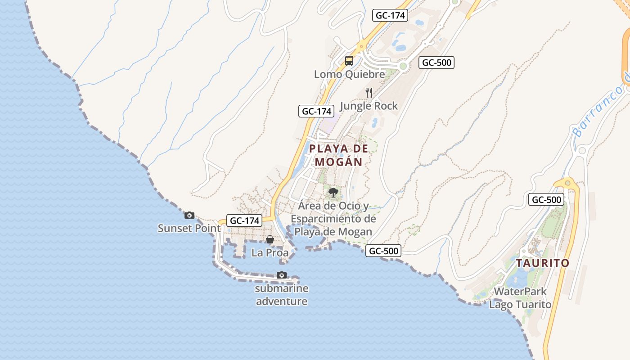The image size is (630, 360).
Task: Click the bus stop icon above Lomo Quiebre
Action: [x=349, y=60]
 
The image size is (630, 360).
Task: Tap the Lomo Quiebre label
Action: [x=350, y=74]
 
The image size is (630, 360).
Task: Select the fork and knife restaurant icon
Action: [x=369, y=93]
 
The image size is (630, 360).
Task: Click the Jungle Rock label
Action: [x=369, y=106]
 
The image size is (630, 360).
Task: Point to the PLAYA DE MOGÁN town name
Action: [x=339, y=155]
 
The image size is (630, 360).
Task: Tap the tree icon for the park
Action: [x=333, y=193]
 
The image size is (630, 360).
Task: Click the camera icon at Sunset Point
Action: [x=189, y=215]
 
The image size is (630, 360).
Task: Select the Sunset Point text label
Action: [x=189, y=228]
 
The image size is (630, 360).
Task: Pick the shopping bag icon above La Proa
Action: [x=270, y=239]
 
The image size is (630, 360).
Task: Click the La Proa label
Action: [x=270, y=252]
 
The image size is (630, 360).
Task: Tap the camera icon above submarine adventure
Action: [x=282, y=275]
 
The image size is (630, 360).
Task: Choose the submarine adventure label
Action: [x=282, y=295]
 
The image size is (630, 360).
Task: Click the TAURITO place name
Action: [x=543, y=263]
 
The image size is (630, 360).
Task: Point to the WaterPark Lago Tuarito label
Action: [x=520, y=298]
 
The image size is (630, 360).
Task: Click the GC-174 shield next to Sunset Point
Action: [x=244, y=220]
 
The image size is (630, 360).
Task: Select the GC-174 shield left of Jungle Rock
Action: [x=316, y=111]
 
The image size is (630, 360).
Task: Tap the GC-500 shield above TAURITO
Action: [x=546, y=200]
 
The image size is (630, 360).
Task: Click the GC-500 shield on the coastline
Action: [x=383, y=251]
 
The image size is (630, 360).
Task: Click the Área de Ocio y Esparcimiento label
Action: [x=333, y=219]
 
